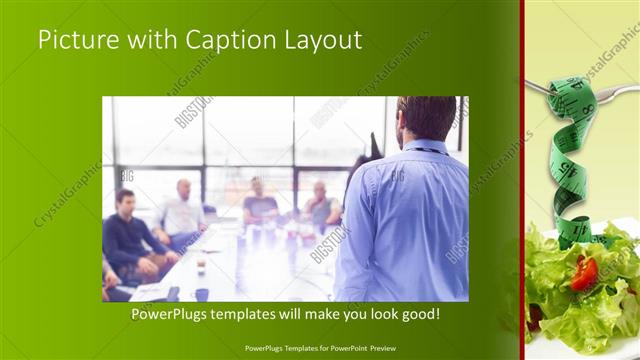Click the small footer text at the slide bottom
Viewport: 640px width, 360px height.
pyautogui.click(x=320, y=348)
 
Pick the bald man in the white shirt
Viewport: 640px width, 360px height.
pyautogui.click(x=182, y=212)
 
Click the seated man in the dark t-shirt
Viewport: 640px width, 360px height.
pyautogui.click(x=259, y=204)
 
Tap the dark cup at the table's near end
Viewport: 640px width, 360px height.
pyautogui.click(x=201, y=294)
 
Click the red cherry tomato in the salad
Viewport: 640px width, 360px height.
pyautogui.click(x=584, y=272)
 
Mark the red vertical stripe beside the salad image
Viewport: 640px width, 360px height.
pyautogui.click(x=522, y=180)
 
